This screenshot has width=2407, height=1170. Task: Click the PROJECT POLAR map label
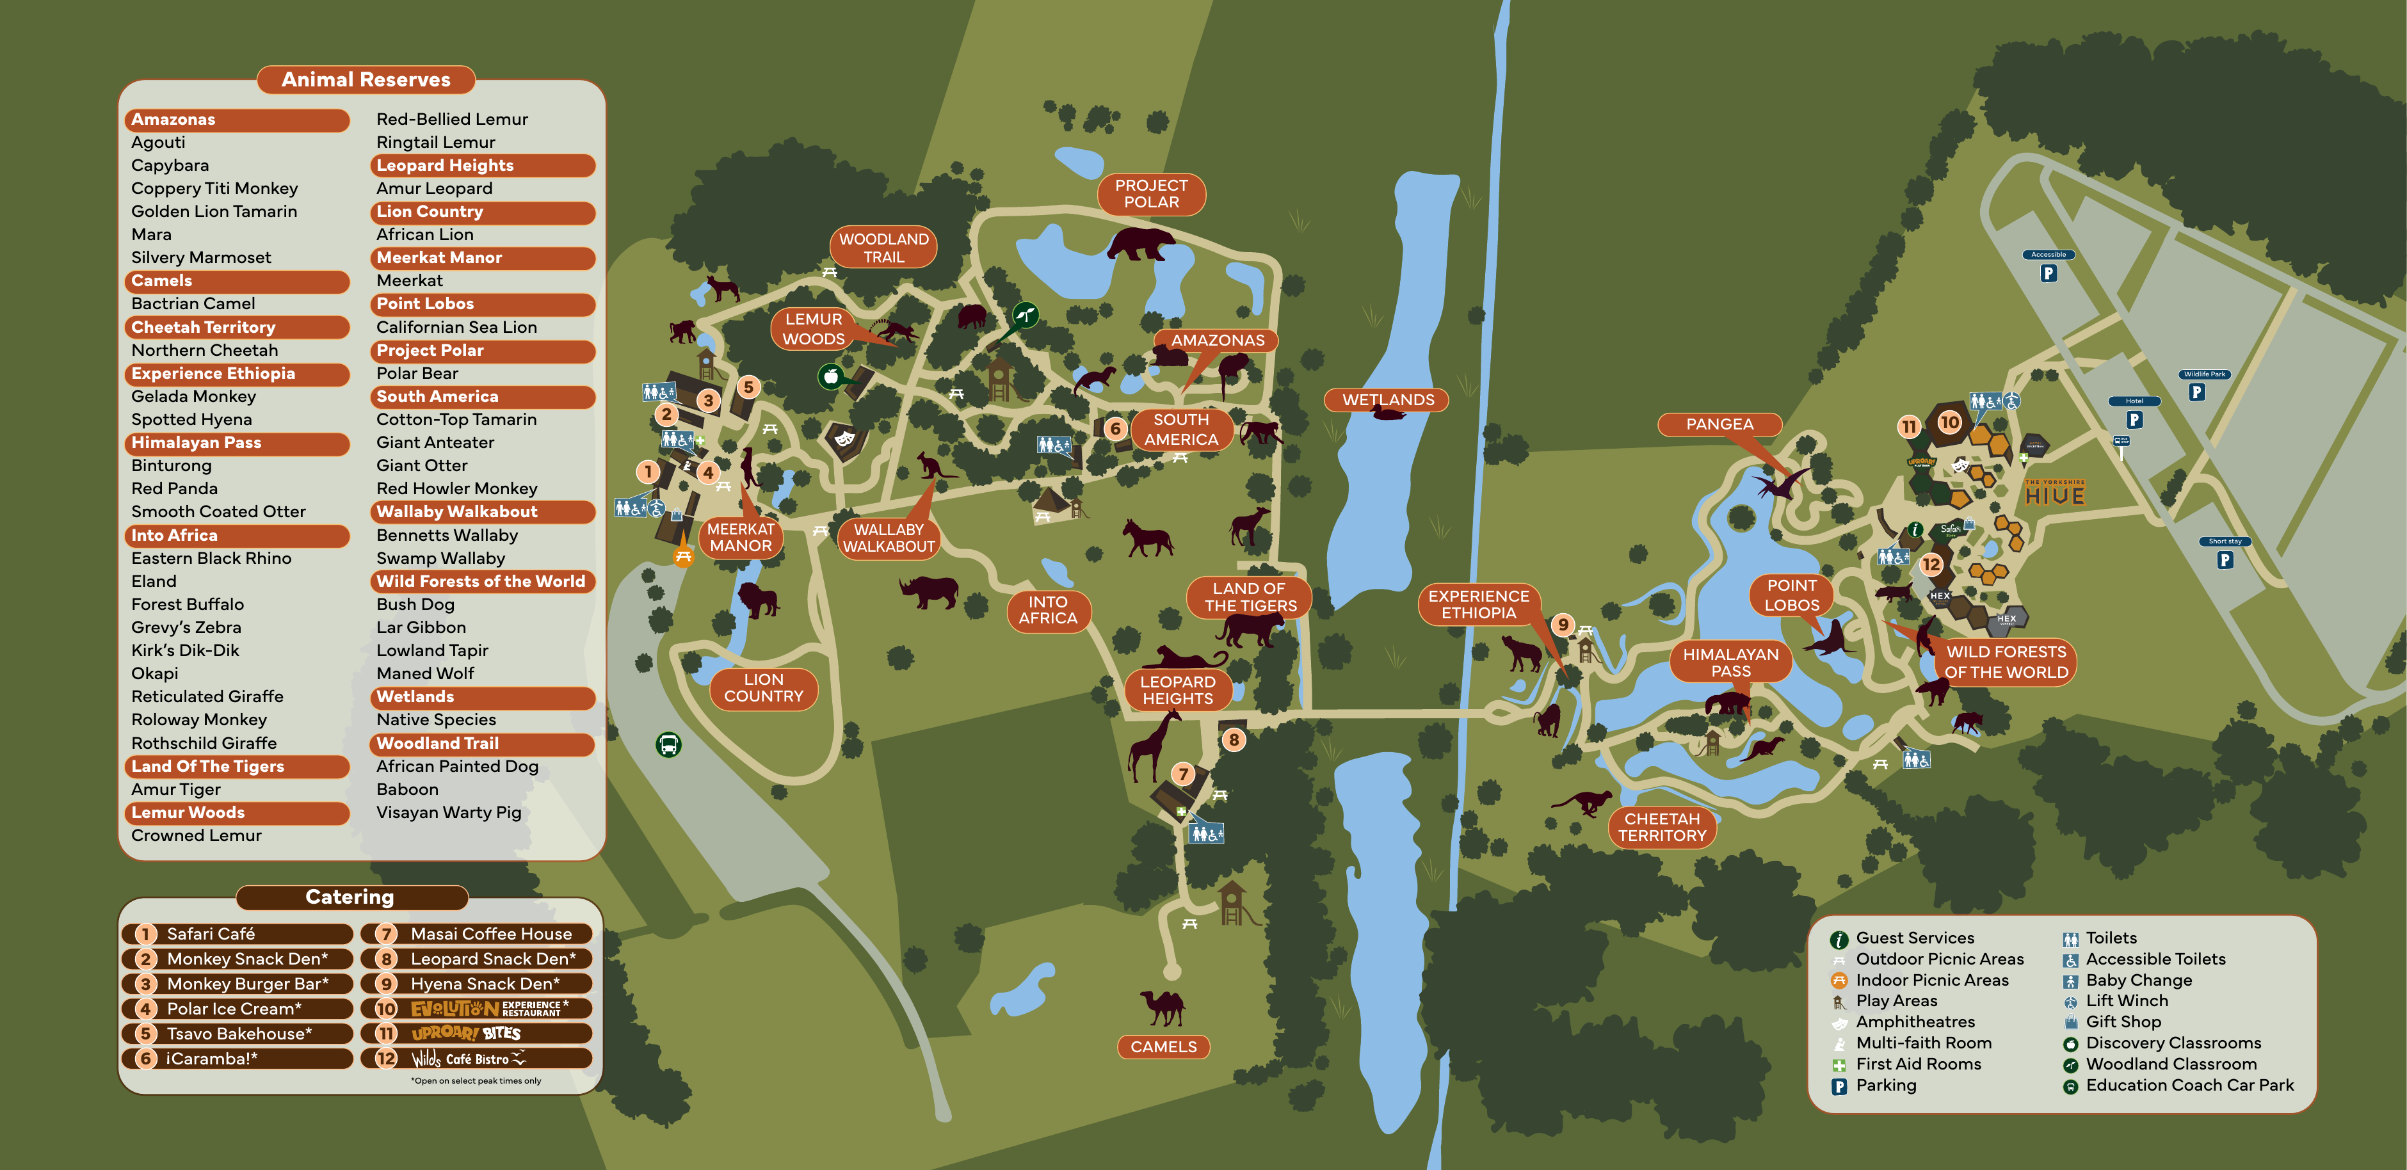pyautogui.click(x=1151, y=193)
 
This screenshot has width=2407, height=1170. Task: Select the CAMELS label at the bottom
pyautogui.click(x=1163, y=1046)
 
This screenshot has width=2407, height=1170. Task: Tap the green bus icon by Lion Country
pyautogui.click(x=668, y=745)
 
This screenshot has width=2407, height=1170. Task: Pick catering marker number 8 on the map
pyautogui.click(x=1234, y=740)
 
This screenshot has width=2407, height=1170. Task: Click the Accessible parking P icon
pyautogui.click(x=2049, y=273)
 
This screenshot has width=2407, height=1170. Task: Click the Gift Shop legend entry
pyautogui.click(x=2123, y=1022)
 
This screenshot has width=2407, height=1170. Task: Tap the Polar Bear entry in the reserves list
pyautogui.click(x=417, y=373)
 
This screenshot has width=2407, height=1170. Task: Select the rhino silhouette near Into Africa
pyautogui.click(x=930, y=591)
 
